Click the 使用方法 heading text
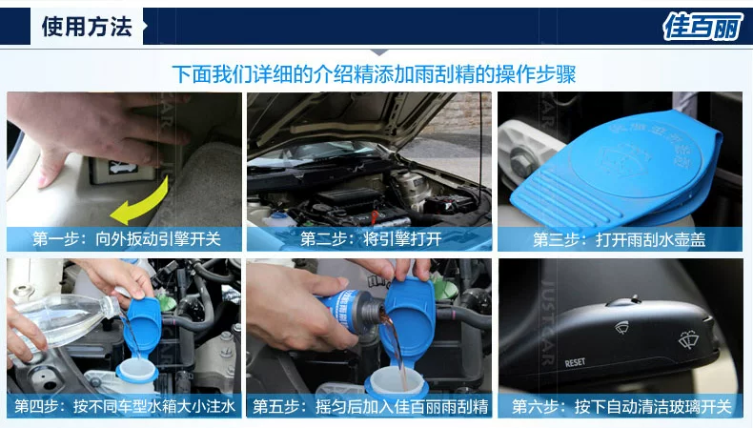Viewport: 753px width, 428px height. point(87,27)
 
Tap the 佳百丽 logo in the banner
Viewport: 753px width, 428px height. point(702,26)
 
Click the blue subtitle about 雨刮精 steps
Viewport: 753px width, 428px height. point(374,74)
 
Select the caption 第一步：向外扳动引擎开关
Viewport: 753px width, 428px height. point(127,238)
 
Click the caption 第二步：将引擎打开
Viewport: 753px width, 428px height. point(371,238)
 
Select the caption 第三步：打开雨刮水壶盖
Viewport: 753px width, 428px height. point(620,239)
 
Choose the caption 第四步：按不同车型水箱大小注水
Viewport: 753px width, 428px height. point(125,406)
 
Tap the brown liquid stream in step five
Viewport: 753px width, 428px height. point(395,347)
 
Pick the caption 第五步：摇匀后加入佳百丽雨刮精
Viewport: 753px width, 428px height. point(371,406)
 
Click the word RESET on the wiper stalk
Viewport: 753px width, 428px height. point(575,362)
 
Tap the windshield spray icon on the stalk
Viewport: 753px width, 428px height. point(688,340)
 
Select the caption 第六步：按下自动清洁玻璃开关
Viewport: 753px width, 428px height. point(621,406)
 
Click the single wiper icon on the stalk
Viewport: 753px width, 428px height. point(621,327)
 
